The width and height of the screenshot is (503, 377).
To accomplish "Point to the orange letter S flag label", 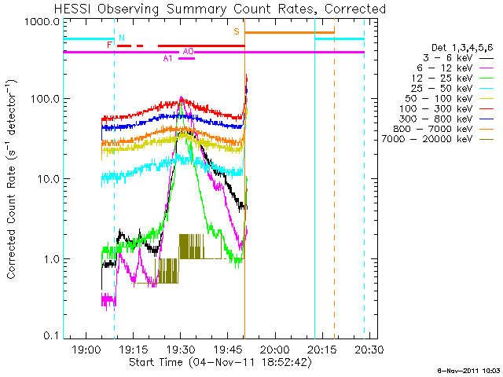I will pyautogui.click(x=237, y=32).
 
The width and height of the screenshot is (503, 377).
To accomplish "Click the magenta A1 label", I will pyautogui.click(x=167, y=59).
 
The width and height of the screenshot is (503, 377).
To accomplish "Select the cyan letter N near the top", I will pyautogui.click(x=121, y=38).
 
